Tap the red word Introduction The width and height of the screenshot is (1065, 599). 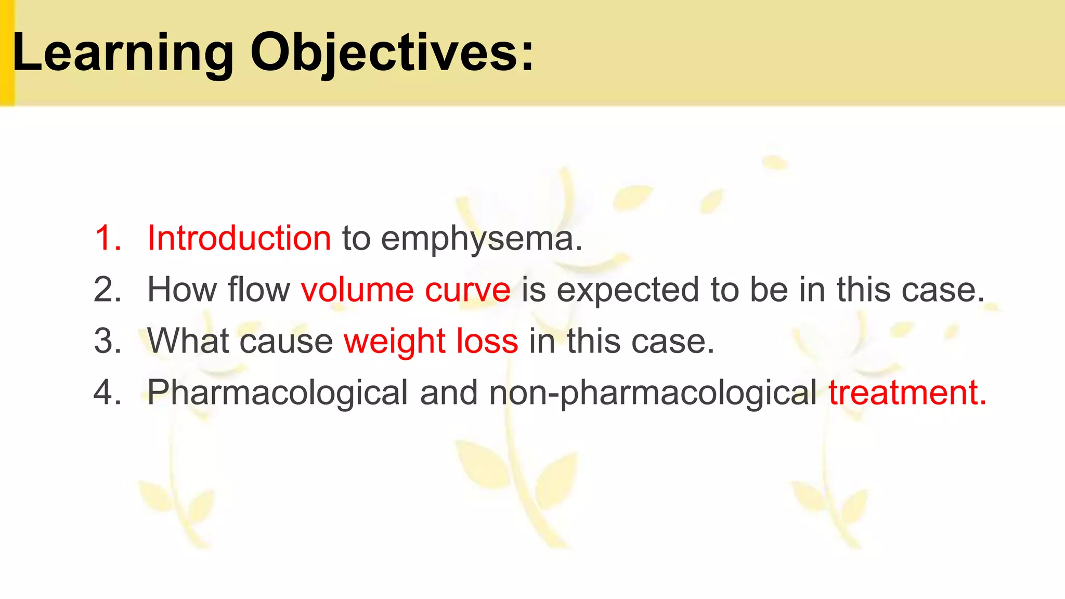coord(239,239)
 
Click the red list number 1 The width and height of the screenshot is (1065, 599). coord(108,239)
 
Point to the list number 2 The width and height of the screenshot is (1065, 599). coord(108,290)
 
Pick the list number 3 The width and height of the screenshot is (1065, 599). coord(108,341)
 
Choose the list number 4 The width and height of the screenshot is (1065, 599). coord(108,392)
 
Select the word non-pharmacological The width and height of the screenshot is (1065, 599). coord(653,393)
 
